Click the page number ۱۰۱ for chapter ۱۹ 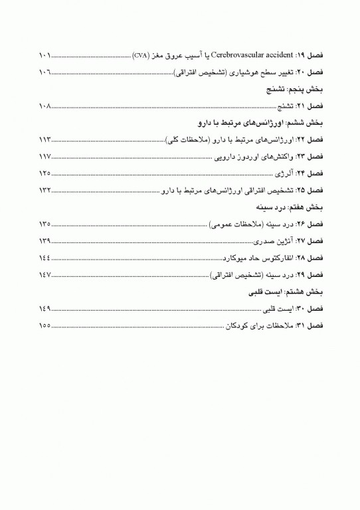click(x=46, y=54)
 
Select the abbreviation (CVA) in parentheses click(x=141, y=54)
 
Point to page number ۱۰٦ click(x=46, y=71)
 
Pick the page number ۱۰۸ click(x=46, y=106)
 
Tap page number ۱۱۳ click(x=46, y=140)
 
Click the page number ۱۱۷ click(x=46, y=157)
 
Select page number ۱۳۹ click(x=46, y=240)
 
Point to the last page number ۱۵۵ click(x=46, y=326)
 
